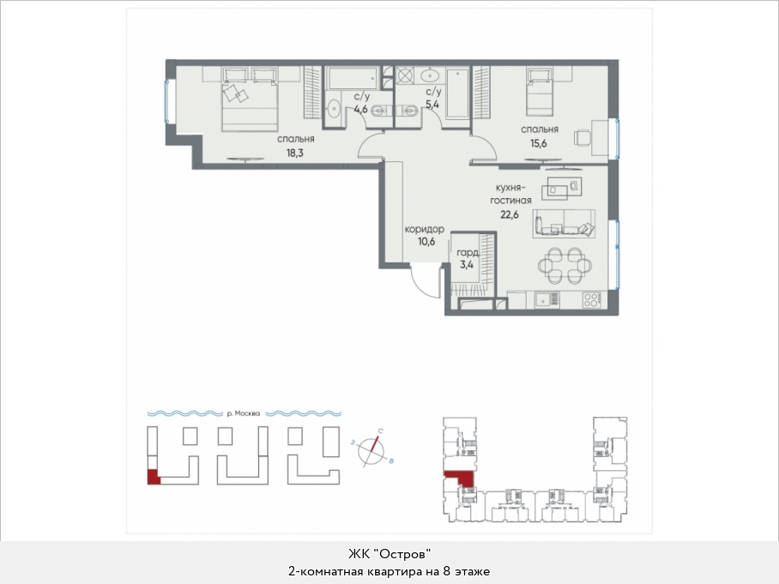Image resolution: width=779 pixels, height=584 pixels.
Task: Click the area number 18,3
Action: coord(294,153)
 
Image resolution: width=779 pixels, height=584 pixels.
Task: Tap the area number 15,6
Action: coord(539,143)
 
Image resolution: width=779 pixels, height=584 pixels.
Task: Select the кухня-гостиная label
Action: coord(511,194)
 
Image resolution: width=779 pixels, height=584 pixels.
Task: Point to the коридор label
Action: coord(425,230)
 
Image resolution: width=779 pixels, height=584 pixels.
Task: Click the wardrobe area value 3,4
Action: coord(467,264)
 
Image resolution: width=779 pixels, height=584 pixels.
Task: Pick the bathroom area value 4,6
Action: coord(360,108)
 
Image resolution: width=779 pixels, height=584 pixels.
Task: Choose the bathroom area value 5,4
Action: coord(432,105)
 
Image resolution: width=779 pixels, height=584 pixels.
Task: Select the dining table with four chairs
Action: coord(564,266)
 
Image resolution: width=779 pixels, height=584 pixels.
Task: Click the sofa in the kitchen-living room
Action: coord(564,223)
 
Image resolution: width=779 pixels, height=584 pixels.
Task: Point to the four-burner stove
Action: coord(592,299)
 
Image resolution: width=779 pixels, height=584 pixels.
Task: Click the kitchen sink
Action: coord(547,299)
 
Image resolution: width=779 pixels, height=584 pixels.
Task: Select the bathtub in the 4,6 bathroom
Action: coord(353,79)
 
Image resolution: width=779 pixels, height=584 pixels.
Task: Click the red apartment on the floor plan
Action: coord(461,478)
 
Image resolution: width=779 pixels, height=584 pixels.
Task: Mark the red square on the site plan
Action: coord(153,477)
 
